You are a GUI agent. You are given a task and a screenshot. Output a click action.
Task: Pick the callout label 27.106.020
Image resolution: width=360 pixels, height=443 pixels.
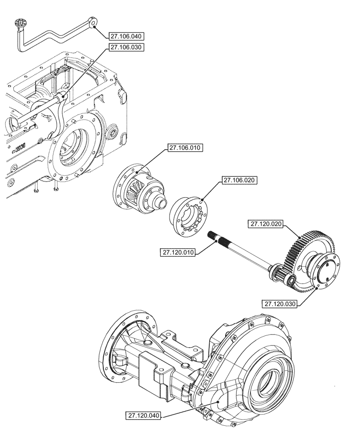[x=240, y=180]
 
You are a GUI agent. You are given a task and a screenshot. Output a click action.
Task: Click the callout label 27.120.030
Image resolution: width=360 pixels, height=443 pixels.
[x=280, y=304]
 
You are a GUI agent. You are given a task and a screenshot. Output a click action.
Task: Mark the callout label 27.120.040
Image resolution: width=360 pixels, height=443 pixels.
[x=143, y=416]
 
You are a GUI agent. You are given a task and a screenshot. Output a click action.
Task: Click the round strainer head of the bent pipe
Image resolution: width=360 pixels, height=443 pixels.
[x=20, y=23]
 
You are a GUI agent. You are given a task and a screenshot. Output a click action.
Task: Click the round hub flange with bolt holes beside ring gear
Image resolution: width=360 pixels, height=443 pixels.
[x=325, y=272]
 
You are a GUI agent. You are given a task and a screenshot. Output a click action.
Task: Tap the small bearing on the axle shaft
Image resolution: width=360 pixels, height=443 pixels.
[x=290, y=280]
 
